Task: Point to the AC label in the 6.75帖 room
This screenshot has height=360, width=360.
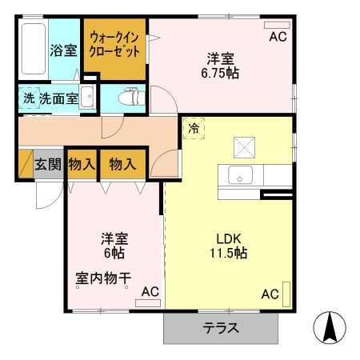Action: click(x=278, y=37)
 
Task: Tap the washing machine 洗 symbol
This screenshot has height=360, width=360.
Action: click(x=28, y=99)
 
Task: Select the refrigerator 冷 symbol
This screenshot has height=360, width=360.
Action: click(x=194, y=127)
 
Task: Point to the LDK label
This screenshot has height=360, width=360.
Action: click(x=229, y=237)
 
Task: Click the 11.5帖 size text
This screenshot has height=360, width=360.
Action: click(x=229, y=253)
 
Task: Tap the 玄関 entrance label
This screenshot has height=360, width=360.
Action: click(x=48, y=164)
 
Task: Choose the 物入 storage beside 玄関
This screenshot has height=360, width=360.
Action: click(x=82, y=164)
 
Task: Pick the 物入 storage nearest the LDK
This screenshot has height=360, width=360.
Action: click(x=122, y=164)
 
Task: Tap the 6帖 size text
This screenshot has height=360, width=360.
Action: click(x=112, y=254)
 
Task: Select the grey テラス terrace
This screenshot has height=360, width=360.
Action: click(x=221, y=328)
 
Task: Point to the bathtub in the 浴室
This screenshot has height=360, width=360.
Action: click(x=33, y=50)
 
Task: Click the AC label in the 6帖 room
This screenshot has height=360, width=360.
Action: click(x=150, y=292)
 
